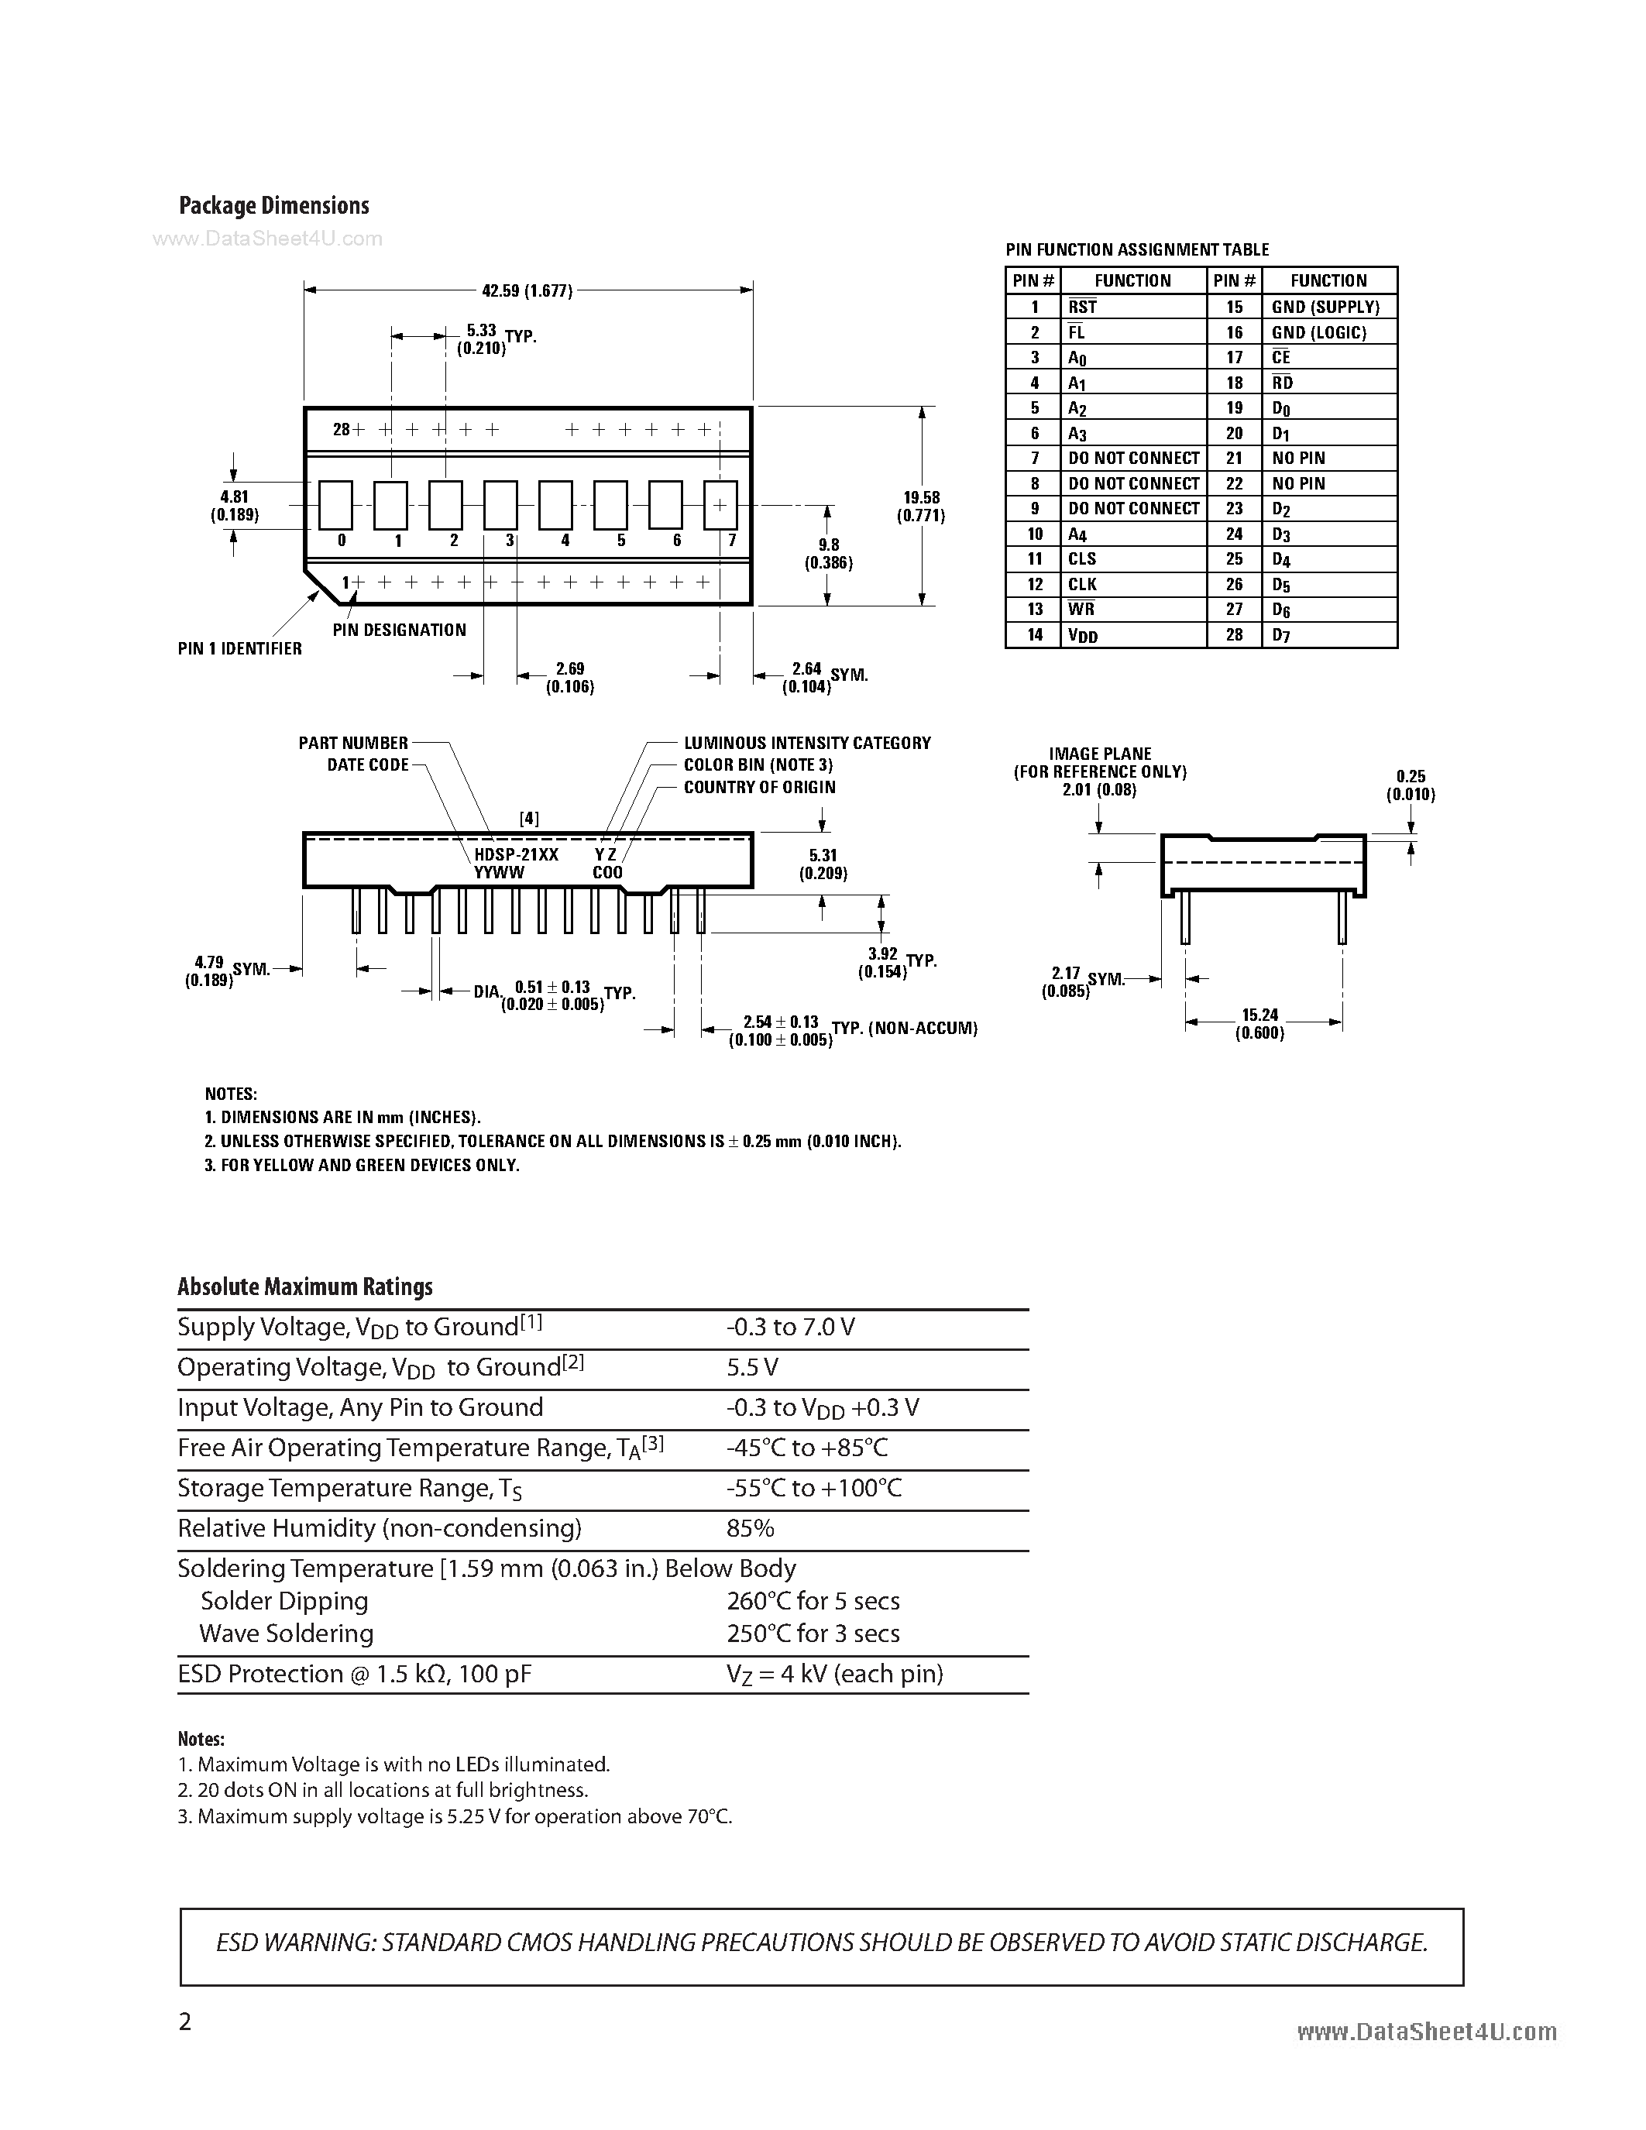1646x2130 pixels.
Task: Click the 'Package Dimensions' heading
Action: [274, 206]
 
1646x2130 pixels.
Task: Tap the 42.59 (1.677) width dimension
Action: [527, 290]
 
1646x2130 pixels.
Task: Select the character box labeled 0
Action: [335, 504]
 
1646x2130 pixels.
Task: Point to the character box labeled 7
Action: [720, 504]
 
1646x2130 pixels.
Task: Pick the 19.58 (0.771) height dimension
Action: [922, 507]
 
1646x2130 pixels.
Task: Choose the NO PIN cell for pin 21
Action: [1298, 459]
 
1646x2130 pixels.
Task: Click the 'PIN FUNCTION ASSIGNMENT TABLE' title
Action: [1137, 249]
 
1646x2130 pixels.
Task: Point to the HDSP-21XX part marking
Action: [516, 854]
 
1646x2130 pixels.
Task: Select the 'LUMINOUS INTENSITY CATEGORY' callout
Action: [806, 743]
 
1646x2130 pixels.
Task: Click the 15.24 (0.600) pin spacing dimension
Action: [1259, 1023]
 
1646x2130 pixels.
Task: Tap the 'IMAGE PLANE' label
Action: [1100, 754]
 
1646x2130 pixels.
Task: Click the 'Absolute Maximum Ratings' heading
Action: [305, 1287]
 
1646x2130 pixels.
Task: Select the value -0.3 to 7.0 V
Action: [790, 1328]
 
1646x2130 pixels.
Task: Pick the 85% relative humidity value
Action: [750, 1528]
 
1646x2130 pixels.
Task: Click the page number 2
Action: [185, 2021]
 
